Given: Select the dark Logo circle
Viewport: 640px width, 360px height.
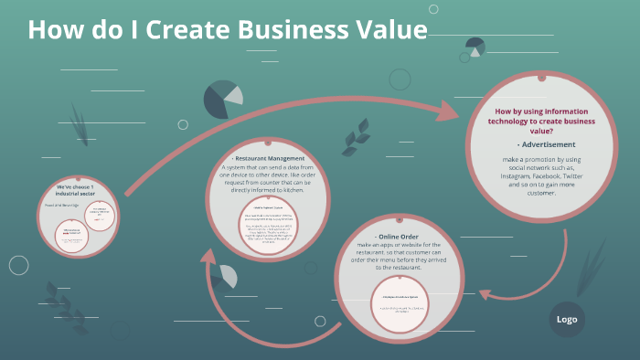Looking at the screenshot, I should pos(567,319).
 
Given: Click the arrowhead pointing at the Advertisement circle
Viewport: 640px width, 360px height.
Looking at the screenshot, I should pos(454,111).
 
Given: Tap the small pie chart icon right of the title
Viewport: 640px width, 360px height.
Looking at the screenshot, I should pos(475,46).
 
